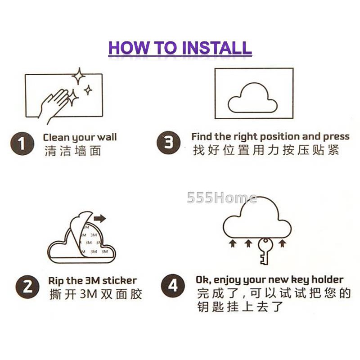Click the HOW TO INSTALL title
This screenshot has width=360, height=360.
click(180, 48)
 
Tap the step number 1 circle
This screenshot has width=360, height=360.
click(22, 144)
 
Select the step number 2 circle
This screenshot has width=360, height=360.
click(27, 287)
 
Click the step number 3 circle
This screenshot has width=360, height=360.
click(168, 143)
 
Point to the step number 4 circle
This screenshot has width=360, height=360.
click(173, 286)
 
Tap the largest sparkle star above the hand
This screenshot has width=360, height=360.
click(79, 76)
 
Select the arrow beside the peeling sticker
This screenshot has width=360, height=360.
click(100, 218)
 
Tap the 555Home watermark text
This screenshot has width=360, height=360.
click(222, 198)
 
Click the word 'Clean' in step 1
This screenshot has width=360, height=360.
click(56, 137)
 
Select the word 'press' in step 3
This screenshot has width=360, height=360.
click(336, 137)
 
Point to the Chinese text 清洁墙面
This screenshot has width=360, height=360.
click(73, 151)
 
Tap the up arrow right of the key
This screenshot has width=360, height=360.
click(283, 243)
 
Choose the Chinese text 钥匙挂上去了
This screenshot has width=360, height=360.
click(240, 307)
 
